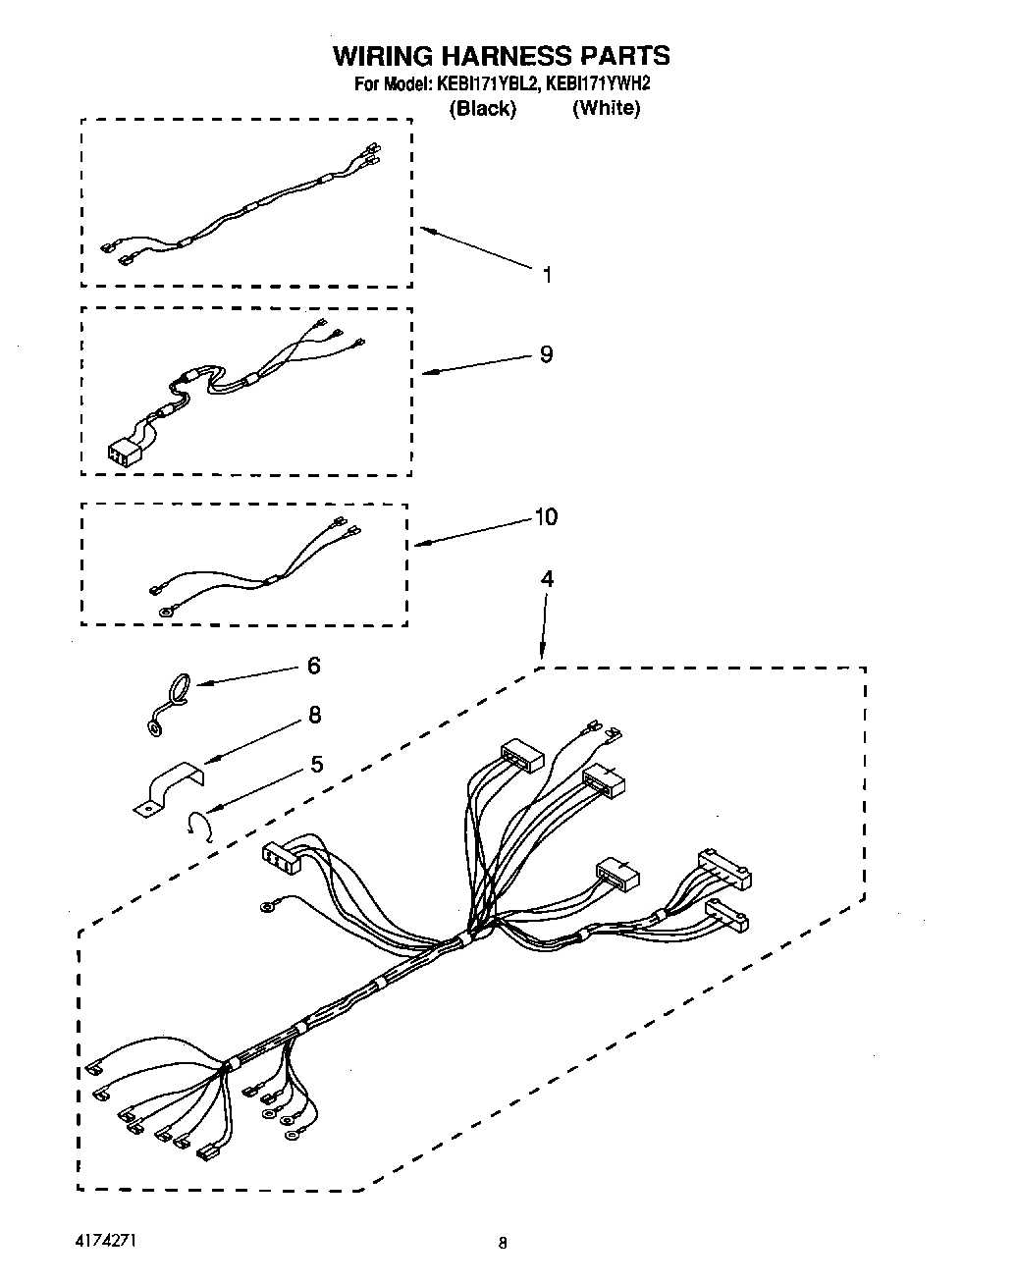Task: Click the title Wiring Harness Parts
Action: click(x=502, y=55)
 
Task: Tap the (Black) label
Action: click(x=482, y=109)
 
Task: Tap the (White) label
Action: click(x=606, y=108)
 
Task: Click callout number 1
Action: click(x=547, y=275)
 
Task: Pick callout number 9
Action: click(x=546, y=354)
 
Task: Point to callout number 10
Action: click(x=546, y=516)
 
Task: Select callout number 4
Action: click(x=547, y=579)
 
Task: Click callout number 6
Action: click(x=313, y=666)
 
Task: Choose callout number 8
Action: click(x=314, y=715)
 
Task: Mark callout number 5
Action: click(x=316, y=764)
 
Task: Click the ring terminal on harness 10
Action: click(x=164, y=613)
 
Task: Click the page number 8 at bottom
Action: click(x=502, y=1244)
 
